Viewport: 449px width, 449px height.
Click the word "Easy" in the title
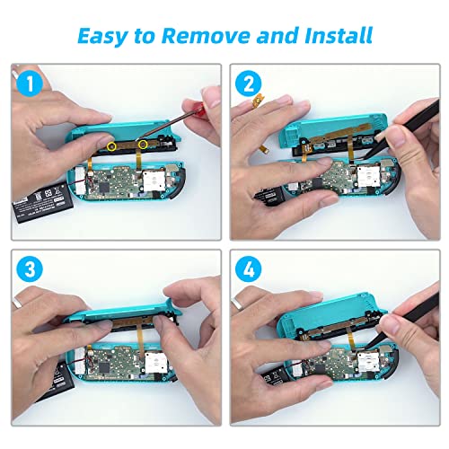pyautogui.click(x=107, y=37)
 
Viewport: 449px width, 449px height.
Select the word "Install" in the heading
pyautogui.click(x=337, y=37)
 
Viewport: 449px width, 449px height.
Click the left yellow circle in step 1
pyautogui.click(x=111, y=145)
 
